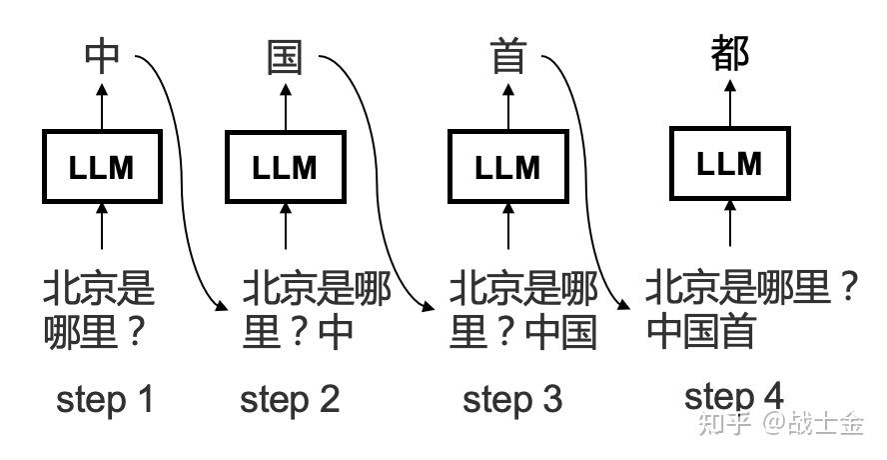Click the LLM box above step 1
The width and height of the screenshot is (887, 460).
tap(101, 166)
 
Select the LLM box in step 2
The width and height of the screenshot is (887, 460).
tap(286, 166)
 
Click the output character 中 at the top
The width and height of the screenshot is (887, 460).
tap(101, 56)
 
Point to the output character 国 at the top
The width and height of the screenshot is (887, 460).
tap(285, 57)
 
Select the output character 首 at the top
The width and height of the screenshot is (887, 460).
tap(507, 57)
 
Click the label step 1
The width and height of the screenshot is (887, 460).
tap(105, 400)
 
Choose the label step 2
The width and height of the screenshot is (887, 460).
tap(290, 400)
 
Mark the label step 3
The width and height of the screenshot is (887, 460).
tap(512, 400)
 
